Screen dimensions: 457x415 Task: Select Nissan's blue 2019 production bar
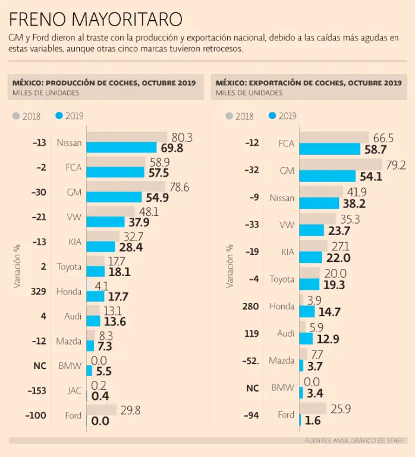(x=122, y=148)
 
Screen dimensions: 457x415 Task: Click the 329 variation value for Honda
(x=39, y=292)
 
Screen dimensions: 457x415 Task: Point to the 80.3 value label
(x=182, y=137)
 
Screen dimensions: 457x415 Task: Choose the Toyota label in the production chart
(x=69, y=267)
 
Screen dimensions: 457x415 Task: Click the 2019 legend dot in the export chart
(x=272, y=116)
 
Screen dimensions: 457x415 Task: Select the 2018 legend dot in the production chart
(x=16, y=116)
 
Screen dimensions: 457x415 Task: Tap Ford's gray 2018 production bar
(x=102, y=410)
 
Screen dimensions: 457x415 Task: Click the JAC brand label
(x=74, y=391)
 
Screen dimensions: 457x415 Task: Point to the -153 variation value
(x=37, y=391)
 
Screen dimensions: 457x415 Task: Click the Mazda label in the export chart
(x=281, y=361)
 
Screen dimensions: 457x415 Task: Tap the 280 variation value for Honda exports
(x=251, y=306)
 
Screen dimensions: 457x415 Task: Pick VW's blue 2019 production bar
(x=106, y=222)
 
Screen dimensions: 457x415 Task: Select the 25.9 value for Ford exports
(x=341, y=408)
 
